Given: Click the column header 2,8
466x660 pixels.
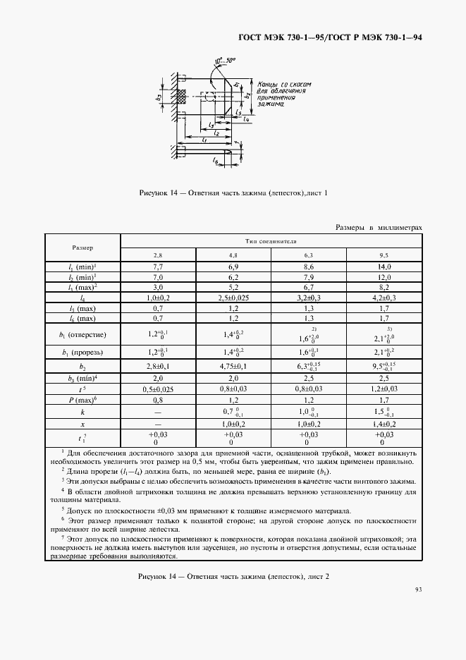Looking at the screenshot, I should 159,255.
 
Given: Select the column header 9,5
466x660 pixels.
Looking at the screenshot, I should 384,255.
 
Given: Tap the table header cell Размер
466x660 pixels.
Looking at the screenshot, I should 83,248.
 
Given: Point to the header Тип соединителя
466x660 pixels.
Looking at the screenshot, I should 271,240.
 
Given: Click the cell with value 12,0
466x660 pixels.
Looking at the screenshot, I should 384,278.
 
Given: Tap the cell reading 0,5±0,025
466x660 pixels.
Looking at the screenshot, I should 159,389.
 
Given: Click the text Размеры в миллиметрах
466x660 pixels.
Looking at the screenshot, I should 379,228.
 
